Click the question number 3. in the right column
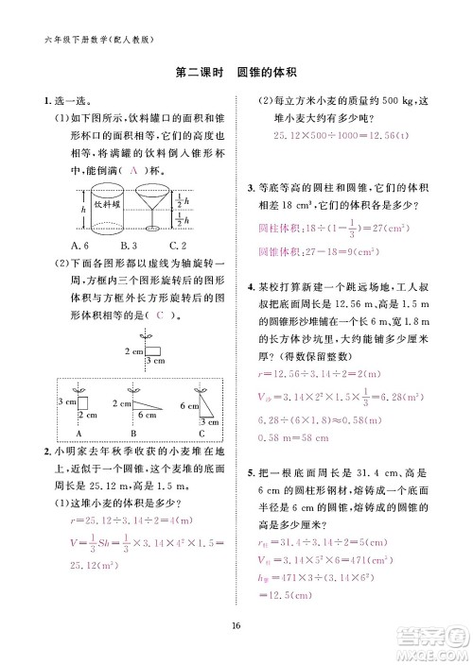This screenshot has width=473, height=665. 250,194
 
